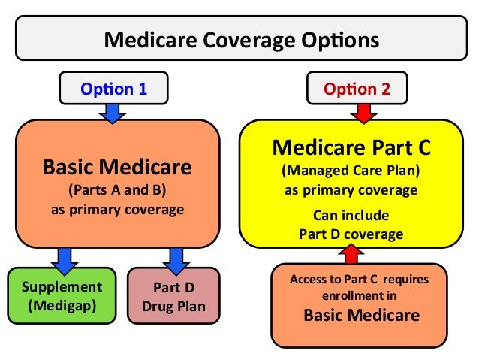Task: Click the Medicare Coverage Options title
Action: point(239,39)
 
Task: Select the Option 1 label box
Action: point(114,89)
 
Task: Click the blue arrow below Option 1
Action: point(114,113)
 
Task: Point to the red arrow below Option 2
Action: point(363,113)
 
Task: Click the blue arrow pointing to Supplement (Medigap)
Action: point(62,259)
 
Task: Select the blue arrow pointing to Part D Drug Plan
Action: point(178,259)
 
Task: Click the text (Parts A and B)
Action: point(117,189)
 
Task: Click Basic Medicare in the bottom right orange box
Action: point(361,315)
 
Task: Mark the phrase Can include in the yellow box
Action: point(351,216)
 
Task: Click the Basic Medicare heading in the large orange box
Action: point(117,165)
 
